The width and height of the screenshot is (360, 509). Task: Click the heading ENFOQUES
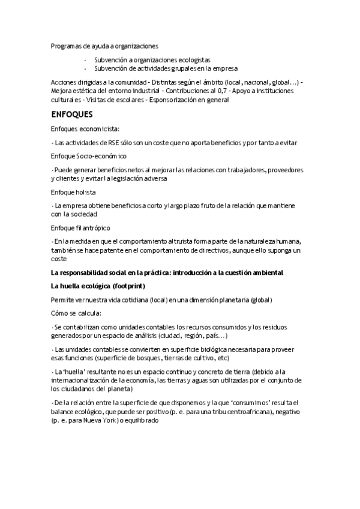71,113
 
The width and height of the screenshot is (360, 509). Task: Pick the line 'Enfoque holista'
74,192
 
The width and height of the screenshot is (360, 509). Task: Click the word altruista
184,241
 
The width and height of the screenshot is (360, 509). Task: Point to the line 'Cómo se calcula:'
76,313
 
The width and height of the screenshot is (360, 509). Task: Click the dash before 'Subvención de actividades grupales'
86,68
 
